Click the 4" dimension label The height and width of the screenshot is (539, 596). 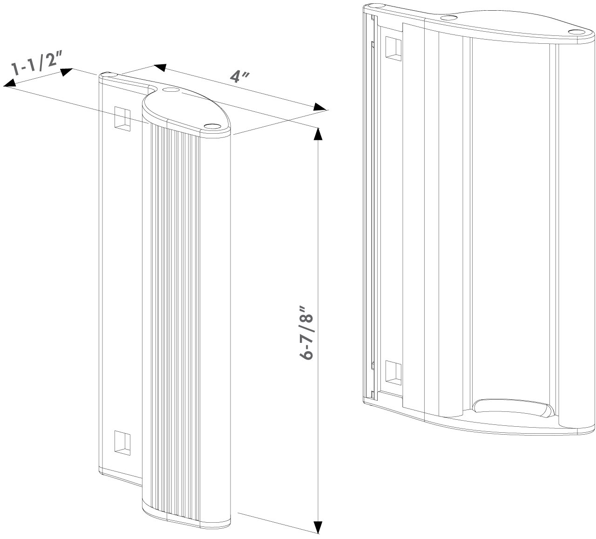[239, 77]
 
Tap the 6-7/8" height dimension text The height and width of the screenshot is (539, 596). [306, 333]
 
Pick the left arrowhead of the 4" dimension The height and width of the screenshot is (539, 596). [160, 68]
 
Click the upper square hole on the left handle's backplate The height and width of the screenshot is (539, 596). [122, 118]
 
